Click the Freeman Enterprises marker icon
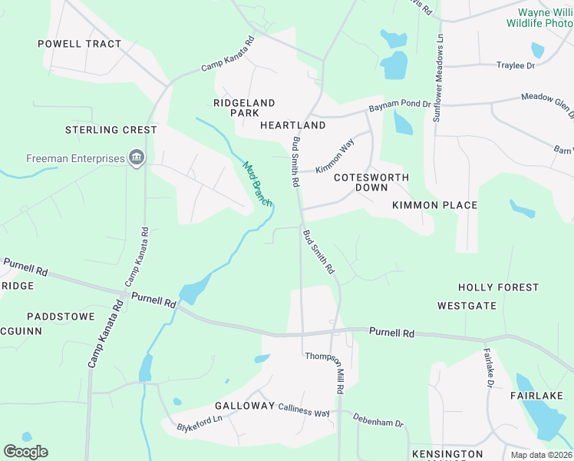point(137,158)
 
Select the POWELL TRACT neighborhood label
point(80,44)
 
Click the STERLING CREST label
point(111,130)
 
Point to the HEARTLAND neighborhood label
point(293,124)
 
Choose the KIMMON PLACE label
point(435,205)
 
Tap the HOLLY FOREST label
point(499,287)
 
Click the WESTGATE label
point(467,306)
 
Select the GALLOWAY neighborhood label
point(245,405)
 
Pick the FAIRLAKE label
point(537,396)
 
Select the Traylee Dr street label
point(516,66)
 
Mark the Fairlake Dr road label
point(488,369)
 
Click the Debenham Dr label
point(378,420)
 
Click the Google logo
point(25,452)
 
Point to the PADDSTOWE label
point(61,317)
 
